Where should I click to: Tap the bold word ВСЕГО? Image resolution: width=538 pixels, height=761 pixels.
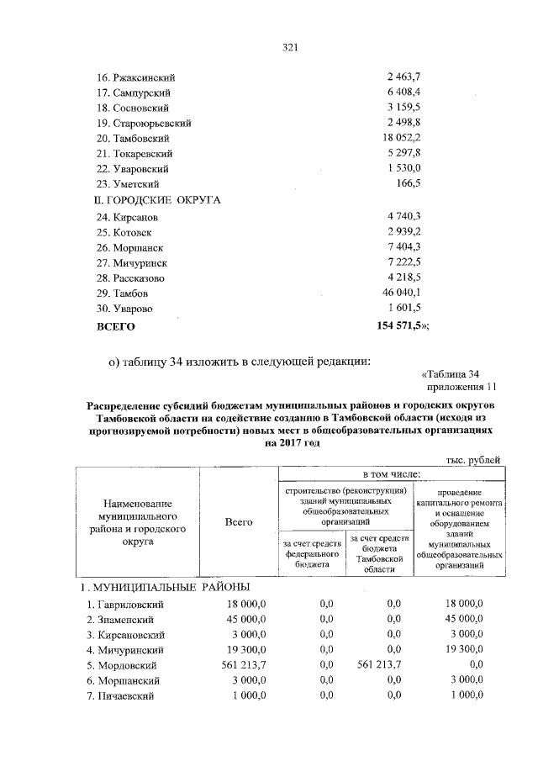coord(117,325)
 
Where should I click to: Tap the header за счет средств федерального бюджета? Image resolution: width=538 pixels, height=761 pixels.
coord(312,555)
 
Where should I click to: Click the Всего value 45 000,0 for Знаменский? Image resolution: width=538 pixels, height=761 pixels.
coord(243,619)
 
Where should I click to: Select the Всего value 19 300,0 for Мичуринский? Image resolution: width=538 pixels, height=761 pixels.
coord(243,649)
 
